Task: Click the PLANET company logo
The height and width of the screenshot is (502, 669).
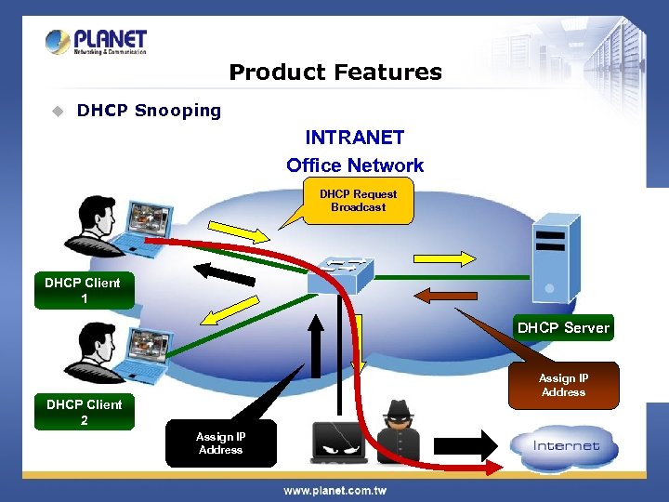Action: [96, 43]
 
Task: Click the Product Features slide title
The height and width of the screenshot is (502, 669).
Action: [334, 73]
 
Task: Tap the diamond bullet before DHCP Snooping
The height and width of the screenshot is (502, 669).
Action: [58, 111]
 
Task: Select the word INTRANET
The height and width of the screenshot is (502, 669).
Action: [355, 138]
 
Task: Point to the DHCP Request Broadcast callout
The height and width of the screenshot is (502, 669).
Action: [358, 201]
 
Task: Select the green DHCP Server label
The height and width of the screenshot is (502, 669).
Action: [563, 327]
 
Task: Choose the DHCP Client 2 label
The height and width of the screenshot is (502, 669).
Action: [85, 413]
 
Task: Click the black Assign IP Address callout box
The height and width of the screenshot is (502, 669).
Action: [220, 443]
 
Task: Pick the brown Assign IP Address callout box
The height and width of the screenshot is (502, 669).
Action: [563, 385]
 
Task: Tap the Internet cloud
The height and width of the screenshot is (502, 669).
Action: [566, 445]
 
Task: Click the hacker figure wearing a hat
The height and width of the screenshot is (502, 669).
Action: [399, 432]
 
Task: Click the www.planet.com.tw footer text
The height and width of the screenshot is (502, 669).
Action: [334, 490]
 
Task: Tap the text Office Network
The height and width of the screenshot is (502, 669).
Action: [355, 165]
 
